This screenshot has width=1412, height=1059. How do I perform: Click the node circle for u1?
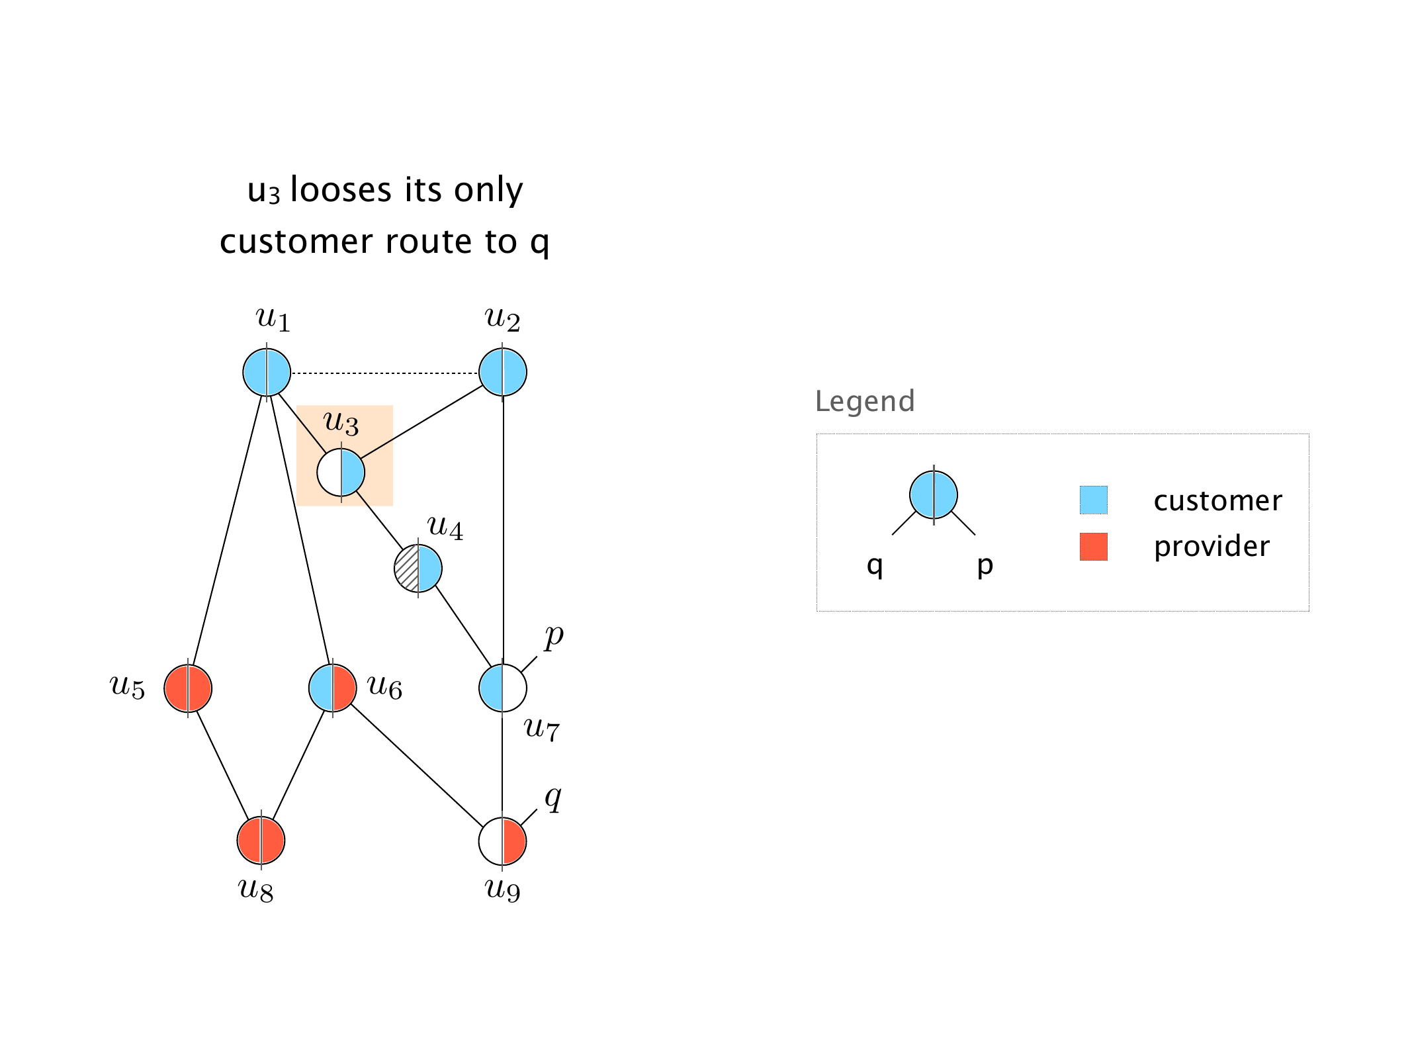coord(267,373)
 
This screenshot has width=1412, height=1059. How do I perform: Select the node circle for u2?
coord(503,373)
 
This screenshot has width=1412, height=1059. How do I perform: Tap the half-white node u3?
coord(341,473)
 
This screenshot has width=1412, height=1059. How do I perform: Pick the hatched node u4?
coord(418,569)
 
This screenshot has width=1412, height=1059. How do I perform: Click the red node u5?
coord(188,688)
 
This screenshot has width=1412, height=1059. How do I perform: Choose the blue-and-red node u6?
coord(333,688)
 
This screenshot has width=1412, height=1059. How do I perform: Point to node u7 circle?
coord(503,688)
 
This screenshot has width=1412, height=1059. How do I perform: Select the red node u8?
coord(261,841)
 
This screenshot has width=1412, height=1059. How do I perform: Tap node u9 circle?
coord(503,841)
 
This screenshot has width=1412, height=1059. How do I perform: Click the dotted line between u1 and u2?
coord(384,373)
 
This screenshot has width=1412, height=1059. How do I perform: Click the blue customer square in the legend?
coord(1093,500)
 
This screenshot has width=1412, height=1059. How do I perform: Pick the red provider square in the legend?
coord(1093,547)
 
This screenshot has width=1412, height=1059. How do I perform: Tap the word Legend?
coord(865,401)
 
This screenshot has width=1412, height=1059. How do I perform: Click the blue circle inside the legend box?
coord(934,495)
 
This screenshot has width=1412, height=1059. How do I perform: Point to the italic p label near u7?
coord(554,637)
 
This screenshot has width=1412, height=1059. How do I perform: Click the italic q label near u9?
coord(553,798)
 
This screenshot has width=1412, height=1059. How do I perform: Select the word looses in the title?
coord(341,191)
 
